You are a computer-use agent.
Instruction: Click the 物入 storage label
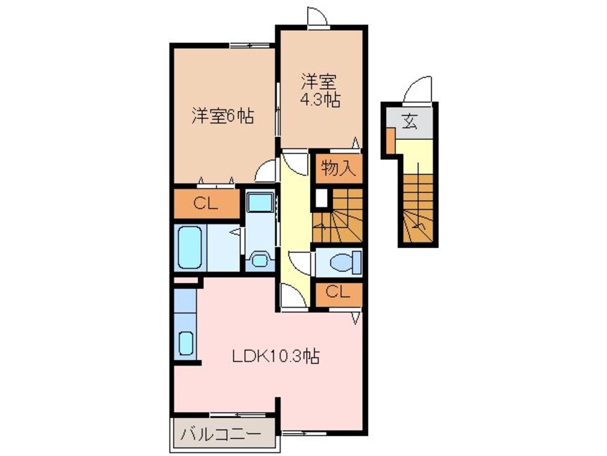[x=337, y=169]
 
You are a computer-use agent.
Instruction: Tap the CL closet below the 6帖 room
[x=205, y=204]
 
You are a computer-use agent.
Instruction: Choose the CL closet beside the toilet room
[x=337, y=292]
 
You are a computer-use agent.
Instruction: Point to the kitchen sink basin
[x=186, y=344]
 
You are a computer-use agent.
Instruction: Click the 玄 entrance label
[x=408, y=120]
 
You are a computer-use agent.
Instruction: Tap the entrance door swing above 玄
[x=416, y=91]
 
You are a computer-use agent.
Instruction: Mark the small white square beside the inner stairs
[x=320, y=196]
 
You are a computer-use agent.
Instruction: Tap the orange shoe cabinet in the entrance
[x=390, y=141]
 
